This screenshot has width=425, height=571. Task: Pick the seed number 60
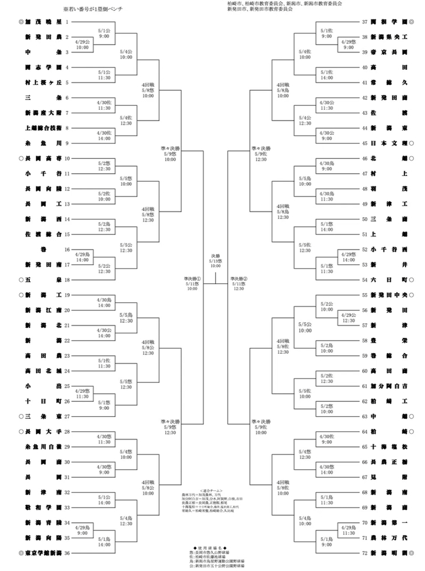(365, 370)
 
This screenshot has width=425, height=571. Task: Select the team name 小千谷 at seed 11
(41, 173)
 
